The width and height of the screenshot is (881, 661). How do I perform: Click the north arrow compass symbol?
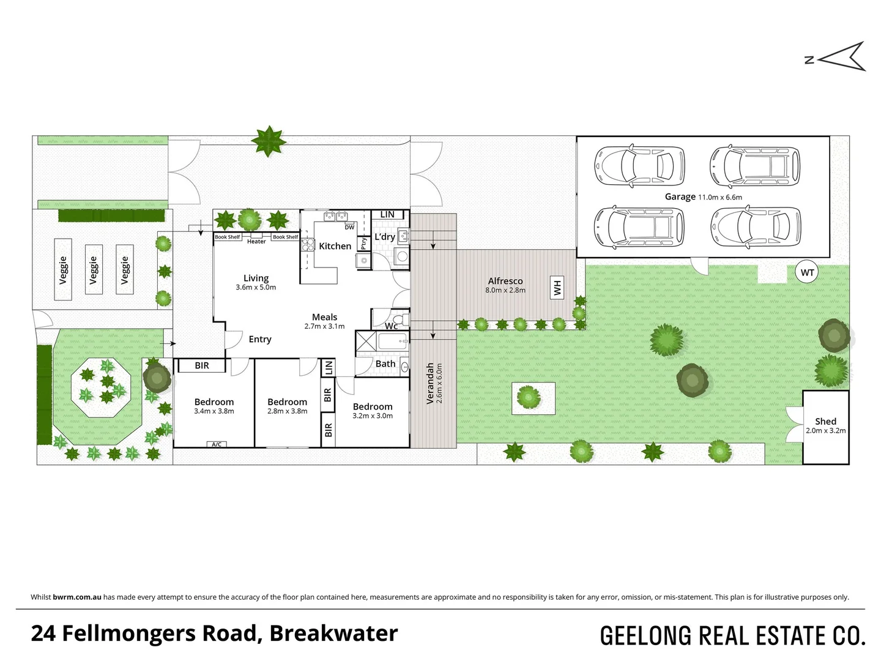tap(841, 58)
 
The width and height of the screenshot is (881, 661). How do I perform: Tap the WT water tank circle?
tap(807, 273)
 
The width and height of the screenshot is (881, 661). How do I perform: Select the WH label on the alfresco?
tap(557, 287)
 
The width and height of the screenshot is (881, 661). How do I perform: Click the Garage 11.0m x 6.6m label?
tap(703, 196)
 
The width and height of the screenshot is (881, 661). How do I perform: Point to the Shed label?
tap(825, 421)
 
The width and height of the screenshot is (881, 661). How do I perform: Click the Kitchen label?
tap(335, 246)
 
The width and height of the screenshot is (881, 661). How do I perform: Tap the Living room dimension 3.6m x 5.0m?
tap(256, 287)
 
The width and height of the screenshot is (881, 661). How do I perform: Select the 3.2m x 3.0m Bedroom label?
tap(373, 416)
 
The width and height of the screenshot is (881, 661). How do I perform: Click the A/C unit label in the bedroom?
tap(217, 444)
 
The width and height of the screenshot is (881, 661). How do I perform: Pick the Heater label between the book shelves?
tap(256, 241)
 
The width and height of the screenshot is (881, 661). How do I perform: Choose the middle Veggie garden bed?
tap(94, 269)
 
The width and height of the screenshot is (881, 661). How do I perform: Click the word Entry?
tap(260, 339)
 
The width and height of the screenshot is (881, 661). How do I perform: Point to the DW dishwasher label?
tap(349, 227)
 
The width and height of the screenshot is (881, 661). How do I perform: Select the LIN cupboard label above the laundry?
tap(387, 215)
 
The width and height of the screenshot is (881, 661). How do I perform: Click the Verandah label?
tap(430, 383)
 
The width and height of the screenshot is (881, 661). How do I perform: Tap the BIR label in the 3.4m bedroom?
tap(202, 365)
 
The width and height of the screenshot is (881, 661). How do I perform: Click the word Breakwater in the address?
tap(333, 633)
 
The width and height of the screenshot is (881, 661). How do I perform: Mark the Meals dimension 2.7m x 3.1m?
tap(324, 326)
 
